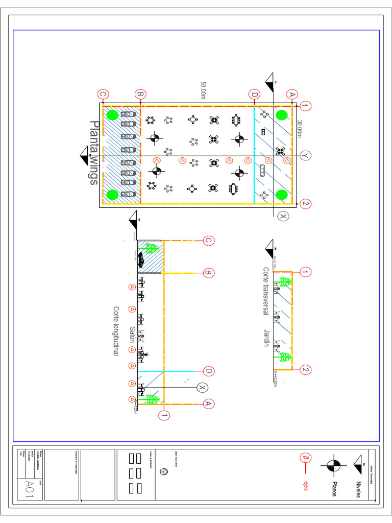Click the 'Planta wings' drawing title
coord(93,152)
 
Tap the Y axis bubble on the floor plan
coord(306,155)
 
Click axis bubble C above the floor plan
coord(103,94)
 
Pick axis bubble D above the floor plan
coord(254,94)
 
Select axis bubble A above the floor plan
coord(292,94)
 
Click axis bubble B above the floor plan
coord(140,94)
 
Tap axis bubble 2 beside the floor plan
coord(306,203)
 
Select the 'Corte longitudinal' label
coord(116,331)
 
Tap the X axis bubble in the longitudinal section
coord(202,388)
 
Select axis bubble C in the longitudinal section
coord(208,241)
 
